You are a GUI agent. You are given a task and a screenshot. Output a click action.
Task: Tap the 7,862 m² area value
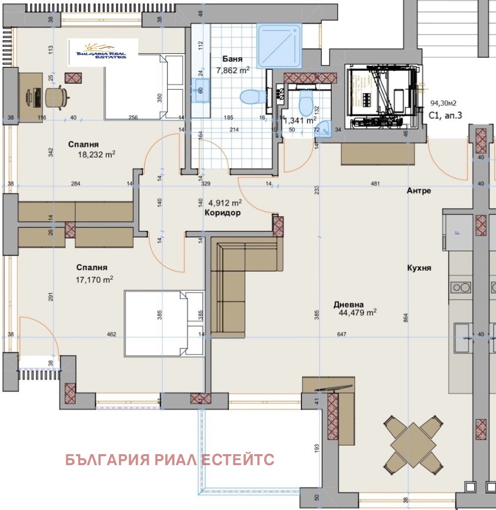(x=233, y=70)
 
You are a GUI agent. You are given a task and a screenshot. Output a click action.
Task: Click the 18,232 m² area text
(x=97, y=155)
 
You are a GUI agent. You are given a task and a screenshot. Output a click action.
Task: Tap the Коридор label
(x=223, y=213)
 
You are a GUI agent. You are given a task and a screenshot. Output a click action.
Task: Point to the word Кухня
(x=418, y=268)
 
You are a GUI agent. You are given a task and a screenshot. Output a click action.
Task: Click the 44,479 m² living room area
(x=357, y=313)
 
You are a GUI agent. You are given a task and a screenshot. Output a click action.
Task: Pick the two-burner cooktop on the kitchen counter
(x=461, y=287)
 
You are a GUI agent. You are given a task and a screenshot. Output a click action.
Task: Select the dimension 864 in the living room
(x=406, y=317)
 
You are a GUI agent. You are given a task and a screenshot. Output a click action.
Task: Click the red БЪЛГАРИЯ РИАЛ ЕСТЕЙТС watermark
(x=170, y=460)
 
